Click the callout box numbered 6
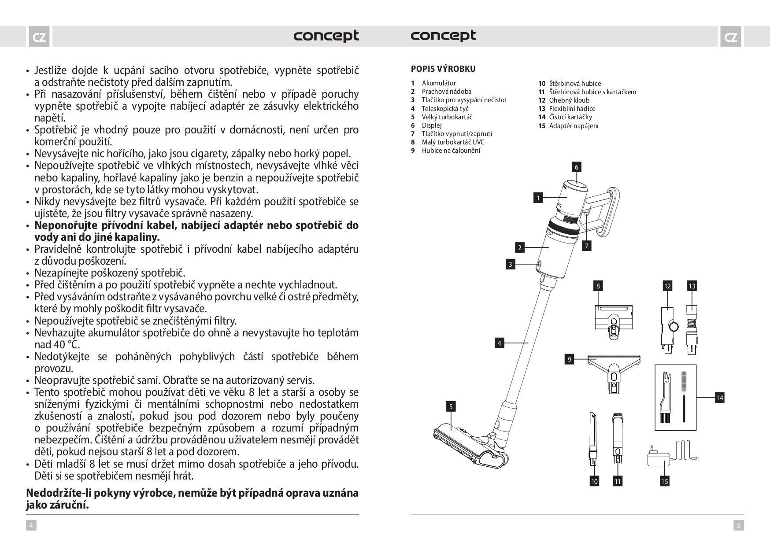coord(576,167)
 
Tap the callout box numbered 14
coord(719,398)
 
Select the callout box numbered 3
coord(510,264)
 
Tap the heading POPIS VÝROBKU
coord(443,69)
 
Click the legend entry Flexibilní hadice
coord(572,109)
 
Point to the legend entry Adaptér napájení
coord(574,126)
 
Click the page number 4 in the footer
coord(31,525)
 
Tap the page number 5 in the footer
coord(739,525)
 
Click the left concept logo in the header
coord(326,36)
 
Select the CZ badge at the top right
coord(730,37)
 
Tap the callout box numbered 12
coord(667,286)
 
